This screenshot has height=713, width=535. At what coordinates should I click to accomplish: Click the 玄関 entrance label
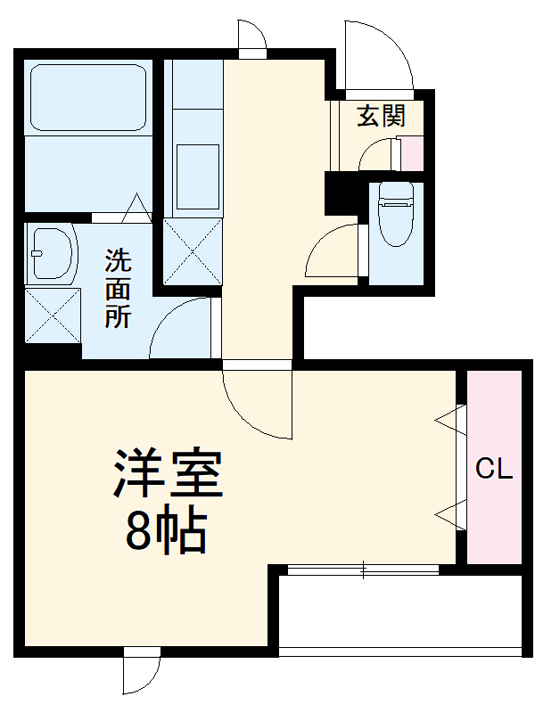(383, 117)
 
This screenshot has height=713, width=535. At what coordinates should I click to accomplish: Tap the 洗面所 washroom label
(119, 289)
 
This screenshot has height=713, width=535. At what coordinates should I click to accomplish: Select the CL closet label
(493, 468)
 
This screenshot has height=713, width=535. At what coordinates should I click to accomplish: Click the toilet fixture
(395, 215)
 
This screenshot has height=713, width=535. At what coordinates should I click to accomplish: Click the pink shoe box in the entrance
(412, 153)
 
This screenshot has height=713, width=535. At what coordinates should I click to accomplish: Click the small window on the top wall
(251, 39)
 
